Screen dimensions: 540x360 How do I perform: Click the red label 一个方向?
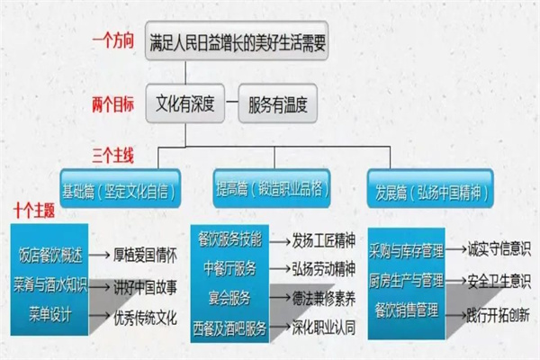[x=112, y=41]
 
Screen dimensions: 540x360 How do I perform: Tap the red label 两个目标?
[x=112, y=104]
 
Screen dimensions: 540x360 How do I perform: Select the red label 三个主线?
[x=112, y=156]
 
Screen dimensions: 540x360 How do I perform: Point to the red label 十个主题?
[x=34, y=211]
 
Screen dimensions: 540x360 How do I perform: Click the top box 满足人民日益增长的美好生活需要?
[x=237, y=40]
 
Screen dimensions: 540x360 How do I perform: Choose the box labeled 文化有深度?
[x=184, y=103]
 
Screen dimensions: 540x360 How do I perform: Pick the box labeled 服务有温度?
[x=277, y=103]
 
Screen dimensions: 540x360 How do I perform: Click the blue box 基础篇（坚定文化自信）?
[x=121, y=188]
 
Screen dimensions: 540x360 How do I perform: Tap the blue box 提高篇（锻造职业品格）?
[x=272, y=188]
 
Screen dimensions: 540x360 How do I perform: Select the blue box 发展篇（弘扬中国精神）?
[x=430, y=188]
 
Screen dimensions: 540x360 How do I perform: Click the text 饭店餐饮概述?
[x=50, y=256]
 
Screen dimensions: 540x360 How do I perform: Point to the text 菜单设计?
[x=50, y=314]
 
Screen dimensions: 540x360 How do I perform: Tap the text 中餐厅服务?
[x=229, y=268]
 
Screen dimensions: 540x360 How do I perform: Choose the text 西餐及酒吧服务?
[x=229, y=328]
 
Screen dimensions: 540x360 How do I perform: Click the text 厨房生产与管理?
[x=407, y=281]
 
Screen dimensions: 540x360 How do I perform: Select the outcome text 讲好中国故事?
[x=145, y=287]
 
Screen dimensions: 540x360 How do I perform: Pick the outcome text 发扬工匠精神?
[x=323, y=240]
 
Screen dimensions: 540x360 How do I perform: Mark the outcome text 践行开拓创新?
[x=498, y=314]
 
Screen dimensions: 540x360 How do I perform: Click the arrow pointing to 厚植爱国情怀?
[x=99, y=256]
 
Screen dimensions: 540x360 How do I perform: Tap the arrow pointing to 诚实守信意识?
[x=455, y=248]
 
